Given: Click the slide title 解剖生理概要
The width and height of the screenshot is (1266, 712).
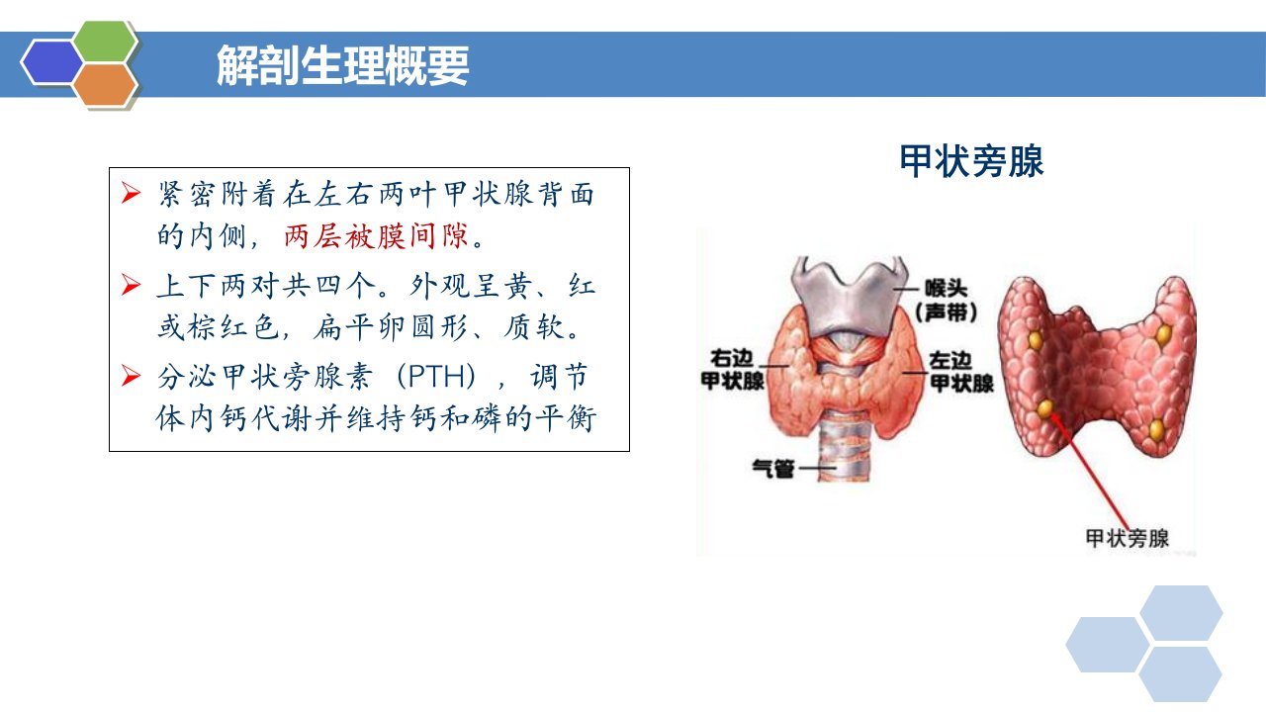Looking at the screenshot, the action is coord(343,65).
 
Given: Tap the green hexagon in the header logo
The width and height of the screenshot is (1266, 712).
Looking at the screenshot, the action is coord(105,41).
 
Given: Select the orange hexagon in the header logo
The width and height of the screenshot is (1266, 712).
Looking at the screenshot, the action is coord(105,85).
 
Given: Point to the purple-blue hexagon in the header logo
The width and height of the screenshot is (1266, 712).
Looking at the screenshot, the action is coord(52,62).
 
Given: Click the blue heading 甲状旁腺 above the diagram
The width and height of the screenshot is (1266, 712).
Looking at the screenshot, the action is coord(971,161).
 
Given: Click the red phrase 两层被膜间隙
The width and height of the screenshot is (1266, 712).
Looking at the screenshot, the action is coord(377,235).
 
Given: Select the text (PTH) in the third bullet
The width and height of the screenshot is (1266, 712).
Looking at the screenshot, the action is coord(436,377).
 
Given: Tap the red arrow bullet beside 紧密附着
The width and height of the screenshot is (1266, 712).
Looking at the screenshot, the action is coord(131,193).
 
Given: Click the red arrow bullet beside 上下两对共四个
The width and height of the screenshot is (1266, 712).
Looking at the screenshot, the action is coord(131,284).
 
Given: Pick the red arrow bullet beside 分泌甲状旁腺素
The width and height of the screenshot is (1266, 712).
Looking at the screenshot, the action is coord(131,375).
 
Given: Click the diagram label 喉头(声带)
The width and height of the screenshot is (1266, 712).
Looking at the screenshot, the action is coord(947,300).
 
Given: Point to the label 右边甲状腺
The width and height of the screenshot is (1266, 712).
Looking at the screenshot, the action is coord(733,370).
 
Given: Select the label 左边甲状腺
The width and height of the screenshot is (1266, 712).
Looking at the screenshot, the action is coord(961,373).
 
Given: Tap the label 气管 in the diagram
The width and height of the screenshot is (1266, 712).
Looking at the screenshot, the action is coord(773,469).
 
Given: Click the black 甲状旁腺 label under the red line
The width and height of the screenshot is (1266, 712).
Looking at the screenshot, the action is coord(1127,538).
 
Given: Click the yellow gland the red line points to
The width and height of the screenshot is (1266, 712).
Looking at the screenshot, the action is coord(1045,408).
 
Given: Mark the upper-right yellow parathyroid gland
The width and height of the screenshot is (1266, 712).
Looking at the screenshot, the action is coord(1164,335).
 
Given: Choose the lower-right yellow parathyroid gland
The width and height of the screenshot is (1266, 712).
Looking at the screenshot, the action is coord(1156,430).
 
